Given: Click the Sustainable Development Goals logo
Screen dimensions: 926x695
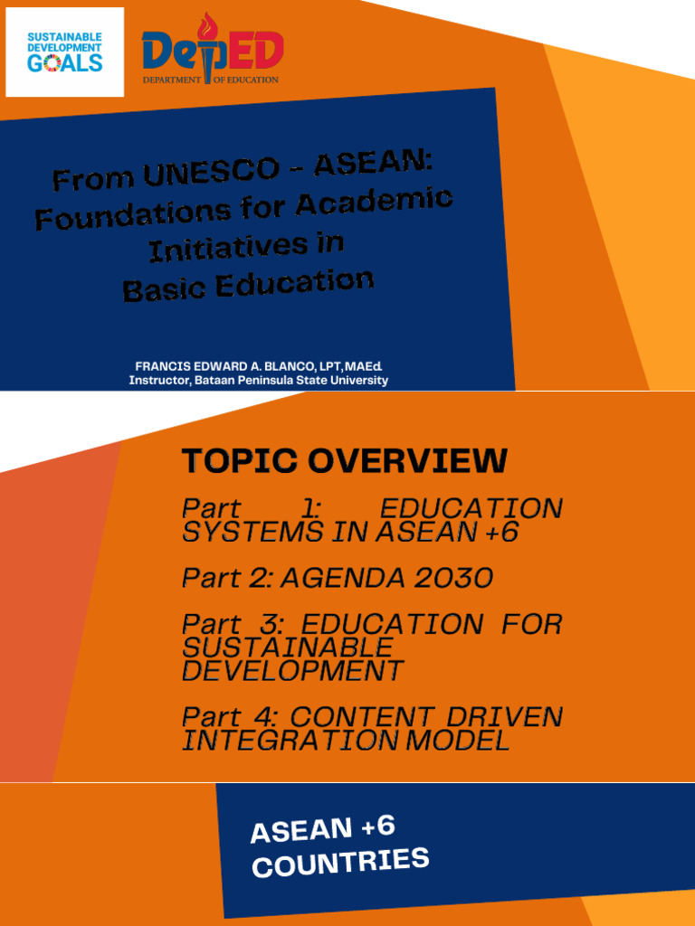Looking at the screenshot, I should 64,52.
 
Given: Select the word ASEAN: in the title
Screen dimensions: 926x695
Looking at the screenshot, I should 374,163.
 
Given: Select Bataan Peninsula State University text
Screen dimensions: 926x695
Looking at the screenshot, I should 291,381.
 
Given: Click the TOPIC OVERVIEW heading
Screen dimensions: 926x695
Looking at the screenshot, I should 344,461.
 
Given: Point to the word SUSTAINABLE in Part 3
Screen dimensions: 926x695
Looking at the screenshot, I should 288,647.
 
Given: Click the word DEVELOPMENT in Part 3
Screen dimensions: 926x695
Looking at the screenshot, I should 292,671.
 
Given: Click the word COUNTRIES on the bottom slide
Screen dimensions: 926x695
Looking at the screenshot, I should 339,862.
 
